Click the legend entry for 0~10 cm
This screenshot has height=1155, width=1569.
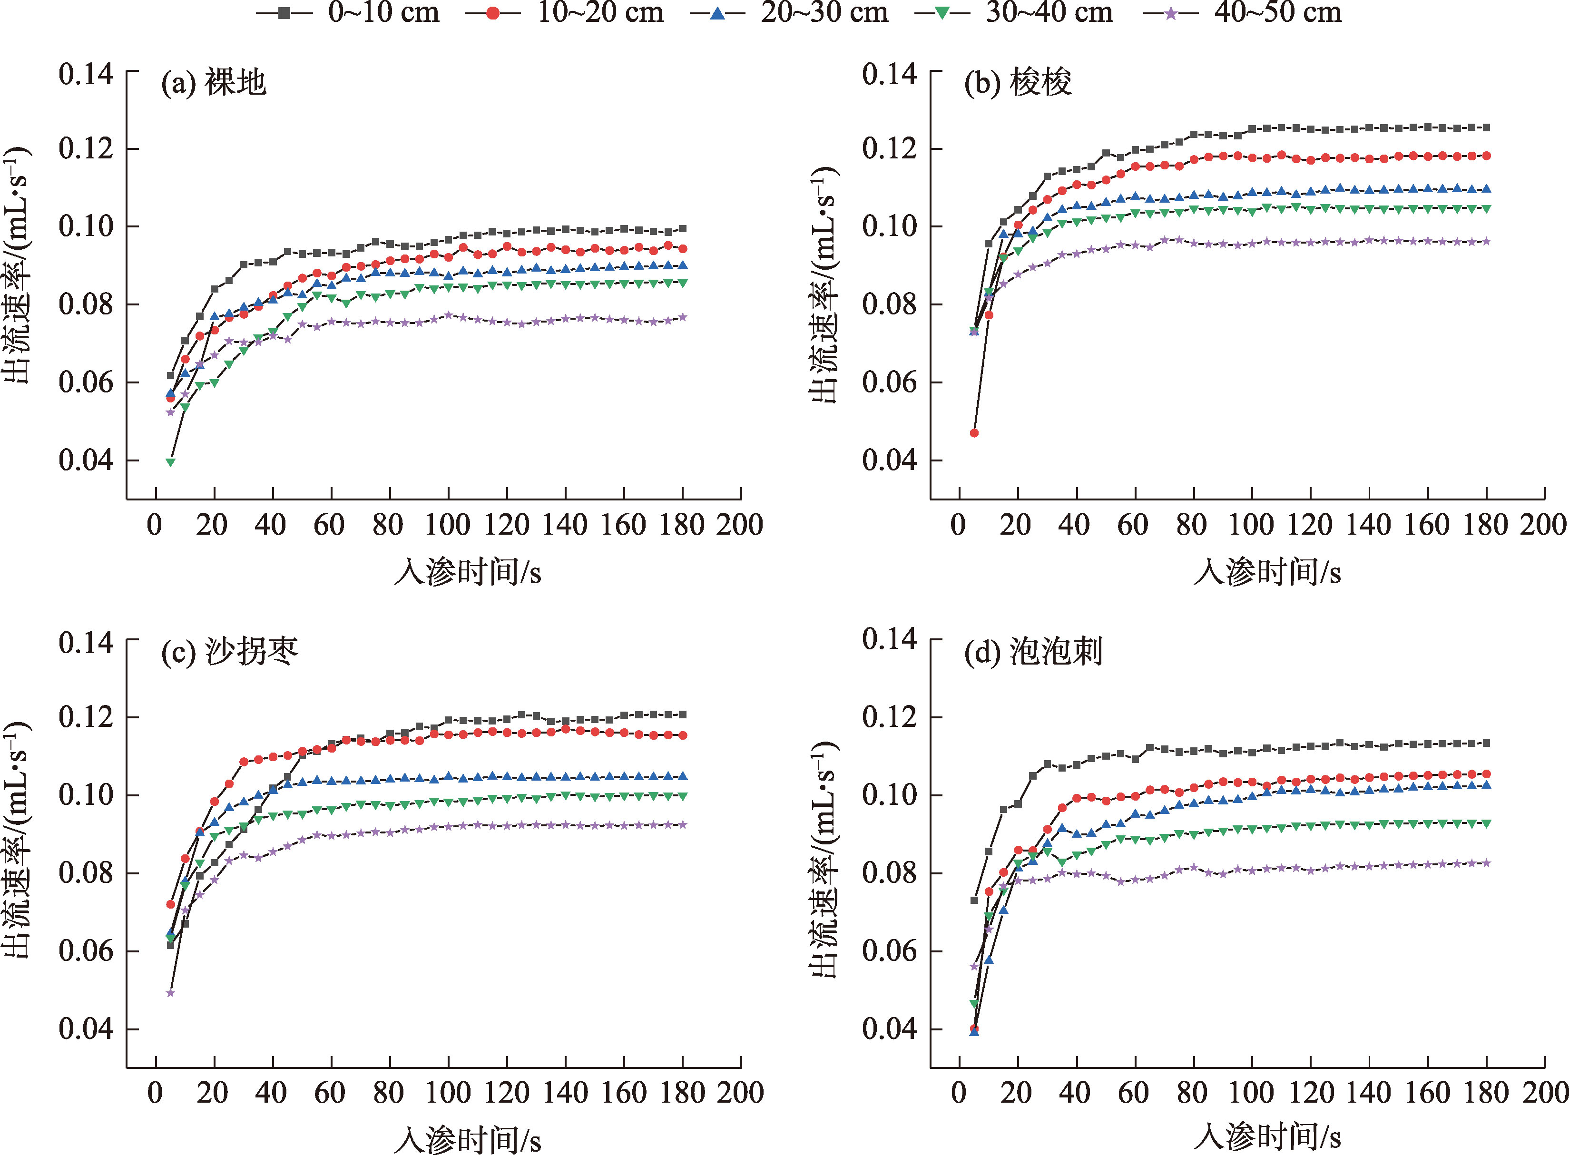coord(350,12)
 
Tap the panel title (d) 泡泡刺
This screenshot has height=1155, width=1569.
coord(1033,652)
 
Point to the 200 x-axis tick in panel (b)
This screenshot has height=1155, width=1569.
coord(1544,524)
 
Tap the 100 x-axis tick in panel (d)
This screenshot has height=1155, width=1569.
coord(1252,1092)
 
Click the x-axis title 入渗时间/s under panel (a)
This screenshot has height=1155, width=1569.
coord(467,572)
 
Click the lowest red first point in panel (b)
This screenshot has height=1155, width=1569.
coord(974,433)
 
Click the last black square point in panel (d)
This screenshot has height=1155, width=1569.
coord(1487,743)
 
